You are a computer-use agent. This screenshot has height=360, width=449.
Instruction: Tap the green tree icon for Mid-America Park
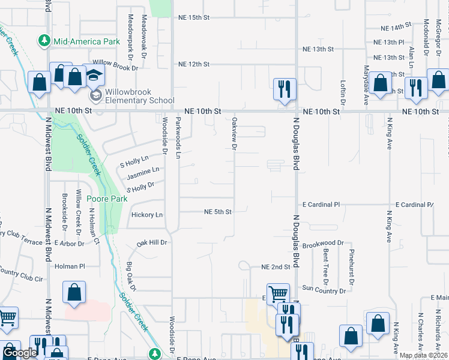click(44, 41)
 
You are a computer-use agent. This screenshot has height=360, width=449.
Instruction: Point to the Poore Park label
click(104, 199)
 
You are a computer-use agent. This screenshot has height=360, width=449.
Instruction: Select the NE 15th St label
click(193, 17)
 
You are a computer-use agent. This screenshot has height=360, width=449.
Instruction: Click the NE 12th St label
click(193, 64)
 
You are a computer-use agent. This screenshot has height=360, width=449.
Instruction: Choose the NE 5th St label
click(217, 211)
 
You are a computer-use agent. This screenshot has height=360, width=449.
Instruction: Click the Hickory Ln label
click(147, 215)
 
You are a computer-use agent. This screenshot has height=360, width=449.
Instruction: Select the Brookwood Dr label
click(322, 244)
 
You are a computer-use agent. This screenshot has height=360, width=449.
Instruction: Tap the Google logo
click(20, 353)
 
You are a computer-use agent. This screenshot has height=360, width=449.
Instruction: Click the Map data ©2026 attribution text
click(424, 355)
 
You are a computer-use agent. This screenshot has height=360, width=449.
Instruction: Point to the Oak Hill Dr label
click(151, 243)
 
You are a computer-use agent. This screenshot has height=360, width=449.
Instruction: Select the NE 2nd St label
click(276, 267)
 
